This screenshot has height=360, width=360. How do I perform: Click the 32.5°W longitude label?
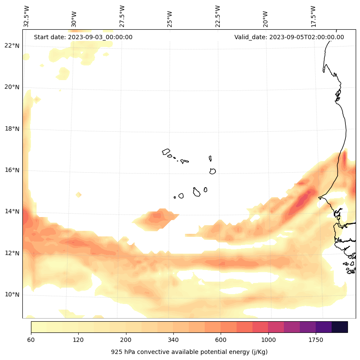click(27, 16)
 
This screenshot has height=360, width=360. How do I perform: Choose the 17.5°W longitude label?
click(313, 16)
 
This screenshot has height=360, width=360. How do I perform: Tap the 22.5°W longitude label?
click(218, 16)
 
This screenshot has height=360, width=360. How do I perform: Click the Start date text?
click(83, 37)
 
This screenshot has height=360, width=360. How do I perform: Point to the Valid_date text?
click(289, 37)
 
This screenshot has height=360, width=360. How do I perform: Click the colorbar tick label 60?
click(31, 340)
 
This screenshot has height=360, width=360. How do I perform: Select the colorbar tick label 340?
click(173, 340)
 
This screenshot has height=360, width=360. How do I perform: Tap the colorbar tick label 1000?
click(268, 340)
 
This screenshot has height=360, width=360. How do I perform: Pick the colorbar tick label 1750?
click(316, 340)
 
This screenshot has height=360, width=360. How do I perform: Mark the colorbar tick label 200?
click(126, 340)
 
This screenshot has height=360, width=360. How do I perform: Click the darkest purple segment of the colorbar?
click(340, 327)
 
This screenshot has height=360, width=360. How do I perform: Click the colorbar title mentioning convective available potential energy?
click(189, 352)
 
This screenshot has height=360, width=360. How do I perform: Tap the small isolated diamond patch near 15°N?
click(78, 195)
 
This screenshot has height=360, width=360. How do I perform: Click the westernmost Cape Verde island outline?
click(166, 152)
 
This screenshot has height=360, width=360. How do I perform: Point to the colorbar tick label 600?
click(221, 340)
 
